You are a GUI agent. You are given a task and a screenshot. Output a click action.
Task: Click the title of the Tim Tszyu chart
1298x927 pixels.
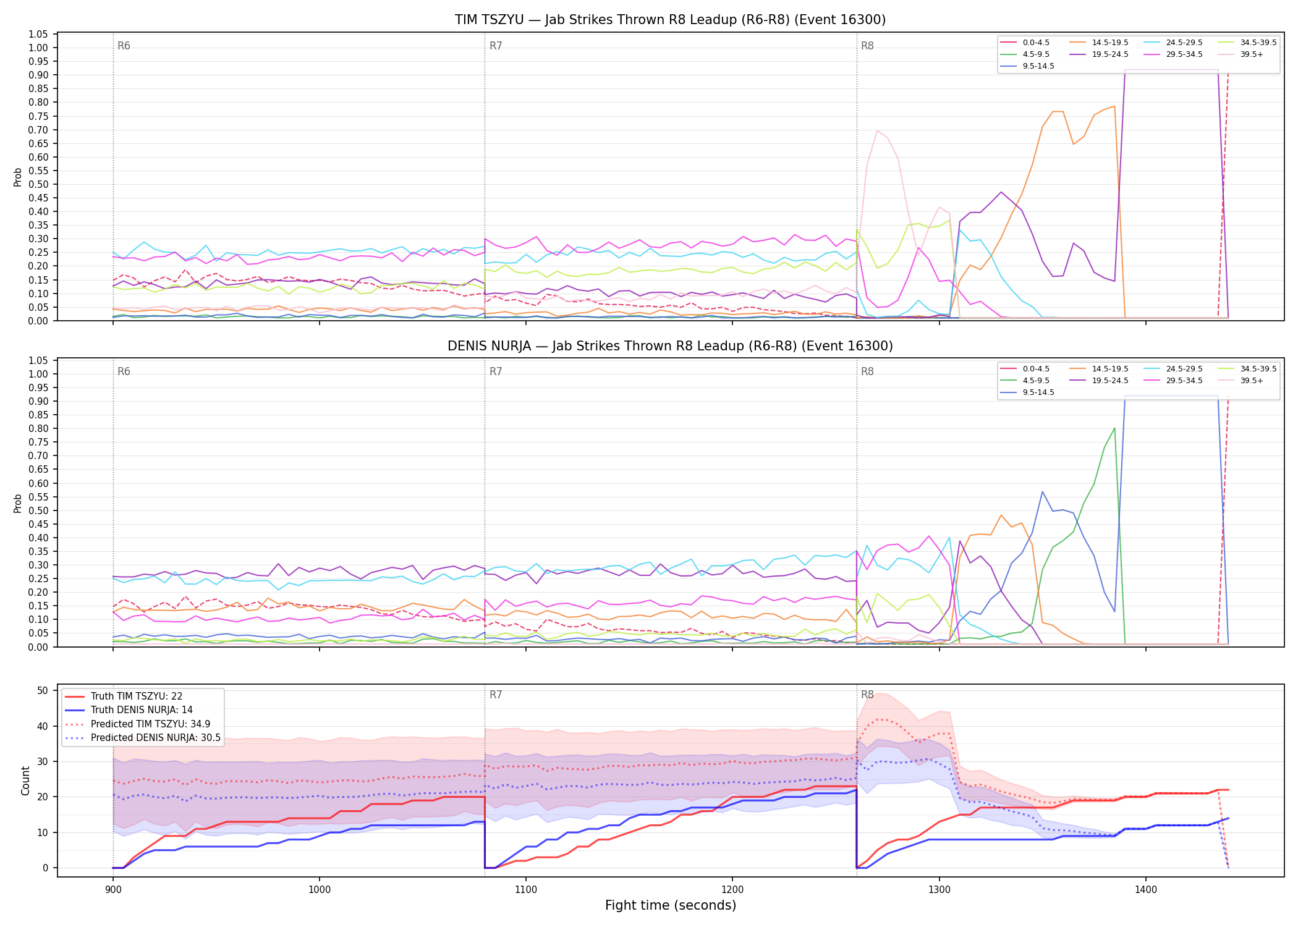pyautogui.click(x=670, y=20)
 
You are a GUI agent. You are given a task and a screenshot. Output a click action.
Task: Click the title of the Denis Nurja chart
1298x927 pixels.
pyautogui.click(x=670, y=346)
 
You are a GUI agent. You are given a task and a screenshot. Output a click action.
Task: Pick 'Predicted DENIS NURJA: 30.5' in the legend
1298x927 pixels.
pyautogui.click(x=143, y=738)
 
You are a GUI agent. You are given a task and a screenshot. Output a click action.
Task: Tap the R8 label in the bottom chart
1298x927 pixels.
pyautogui.click(x=867, y=695)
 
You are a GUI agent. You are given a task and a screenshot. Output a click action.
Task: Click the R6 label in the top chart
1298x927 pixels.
pyautogui.click(x=124, y=46)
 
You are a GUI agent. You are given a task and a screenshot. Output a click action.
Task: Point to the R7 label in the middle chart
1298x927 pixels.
pyautogui.click(x=496, y=371)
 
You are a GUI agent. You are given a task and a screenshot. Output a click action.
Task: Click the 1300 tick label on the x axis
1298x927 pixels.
pyautogui.click(x=939, y=890)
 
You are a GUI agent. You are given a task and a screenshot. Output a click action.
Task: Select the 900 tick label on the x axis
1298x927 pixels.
pyautogui.click(x=112, y=890)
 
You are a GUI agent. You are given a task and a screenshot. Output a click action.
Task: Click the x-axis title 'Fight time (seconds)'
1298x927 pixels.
pyautogui.click(x=670, y=905)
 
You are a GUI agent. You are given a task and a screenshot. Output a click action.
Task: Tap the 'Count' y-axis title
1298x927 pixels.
pyautogui.click(x=25, y=781)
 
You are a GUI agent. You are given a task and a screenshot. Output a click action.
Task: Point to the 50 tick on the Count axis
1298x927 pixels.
pyautogui.click(x=43, y=690)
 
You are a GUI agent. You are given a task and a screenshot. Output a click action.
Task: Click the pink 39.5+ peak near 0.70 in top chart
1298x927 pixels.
pyautogui.click(x=877, y=130)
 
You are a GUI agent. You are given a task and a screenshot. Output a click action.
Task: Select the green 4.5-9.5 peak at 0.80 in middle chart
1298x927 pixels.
pyautogui.click(x=1114, y=428)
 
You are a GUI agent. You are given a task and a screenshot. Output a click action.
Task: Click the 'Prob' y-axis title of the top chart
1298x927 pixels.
pyautogui.click(x=18, y=177)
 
